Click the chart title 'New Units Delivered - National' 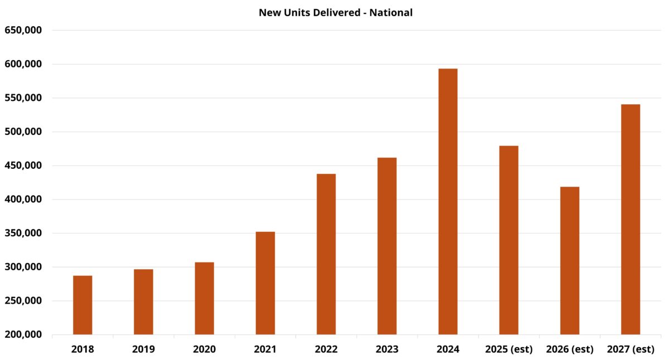pyautogui.click(x=336, y=12)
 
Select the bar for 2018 pyautogui.click(x=83, y=305)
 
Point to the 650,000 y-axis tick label pyautogui.click(x=23, y=30)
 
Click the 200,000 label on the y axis pyautogui.click(x=23, y=334)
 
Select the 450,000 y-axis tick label pyautogui.click(x=23, y=166)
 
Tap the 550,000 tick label pyautogui.click(x=23, y=98)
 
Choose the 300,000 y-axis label pyautogui.click(x=23, y=267)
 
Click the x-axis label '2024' pyautogui.click(x=448, y=350)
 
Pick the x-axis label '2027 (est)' pyautogui.click(x=631, y=350)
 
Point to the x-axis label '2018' pyautogui.click(x=83, y=350)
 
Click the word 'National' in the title pyautogui.click(x=393, y=12)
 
